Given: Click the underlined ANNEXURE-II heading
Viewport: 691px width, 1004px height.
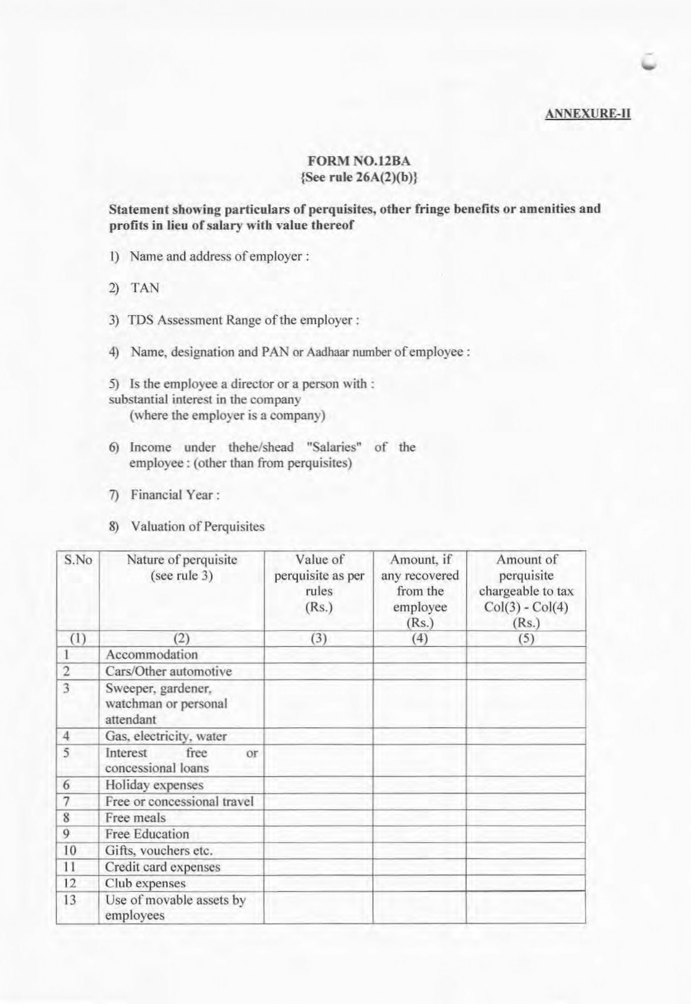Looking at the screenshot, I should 587,113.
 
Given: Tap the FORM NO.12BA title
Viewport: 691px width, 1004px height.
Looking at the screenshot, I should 359,161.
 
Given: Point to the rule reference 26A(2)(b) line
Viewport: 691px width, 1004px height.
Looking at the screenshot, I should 359,177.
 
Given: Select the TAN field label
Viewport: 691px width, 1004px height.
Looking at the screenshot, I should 145,288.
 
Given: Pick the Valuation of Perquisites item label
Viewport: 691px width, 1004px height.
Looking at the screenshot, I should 197,526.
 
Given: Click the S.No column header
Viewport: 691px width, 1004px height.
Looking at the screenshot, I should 78,560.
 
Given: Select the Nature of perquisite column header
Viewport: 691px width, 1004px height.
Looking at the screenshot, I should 181,568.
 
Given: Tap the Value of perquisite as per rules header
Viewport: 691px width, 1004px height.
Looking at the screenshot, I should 319,583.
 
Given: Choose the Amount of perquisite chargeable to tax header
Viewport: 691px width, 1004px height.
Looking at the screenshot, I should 525,591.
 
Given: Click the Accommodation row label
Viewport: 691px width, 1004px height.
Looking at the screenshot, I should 151,655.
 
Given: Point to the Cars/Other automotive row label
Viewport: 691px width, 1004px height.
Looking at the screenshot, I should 168,671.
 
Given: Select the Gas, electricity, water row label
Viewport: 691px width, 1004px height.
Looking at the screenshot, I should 166,736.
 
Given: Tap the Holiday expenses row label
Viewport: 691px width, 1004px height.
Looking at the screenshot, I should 154,785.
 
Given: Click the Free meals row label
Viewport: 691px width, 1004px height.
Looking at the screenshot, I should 135,818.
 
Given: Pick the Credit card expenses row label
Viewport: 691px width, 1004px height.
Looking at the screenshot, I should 162,867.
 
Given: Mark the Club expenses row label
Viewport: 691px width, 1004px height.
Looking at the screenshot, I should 145,883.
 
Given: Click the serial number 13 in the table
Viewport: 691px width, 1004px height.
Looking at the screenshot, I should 70,900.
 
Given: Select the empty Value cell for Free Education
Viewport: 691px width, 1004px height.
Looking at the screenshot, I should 319,834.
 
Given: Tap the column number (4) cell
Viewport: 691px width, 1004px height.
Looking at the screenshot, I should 419,639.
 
